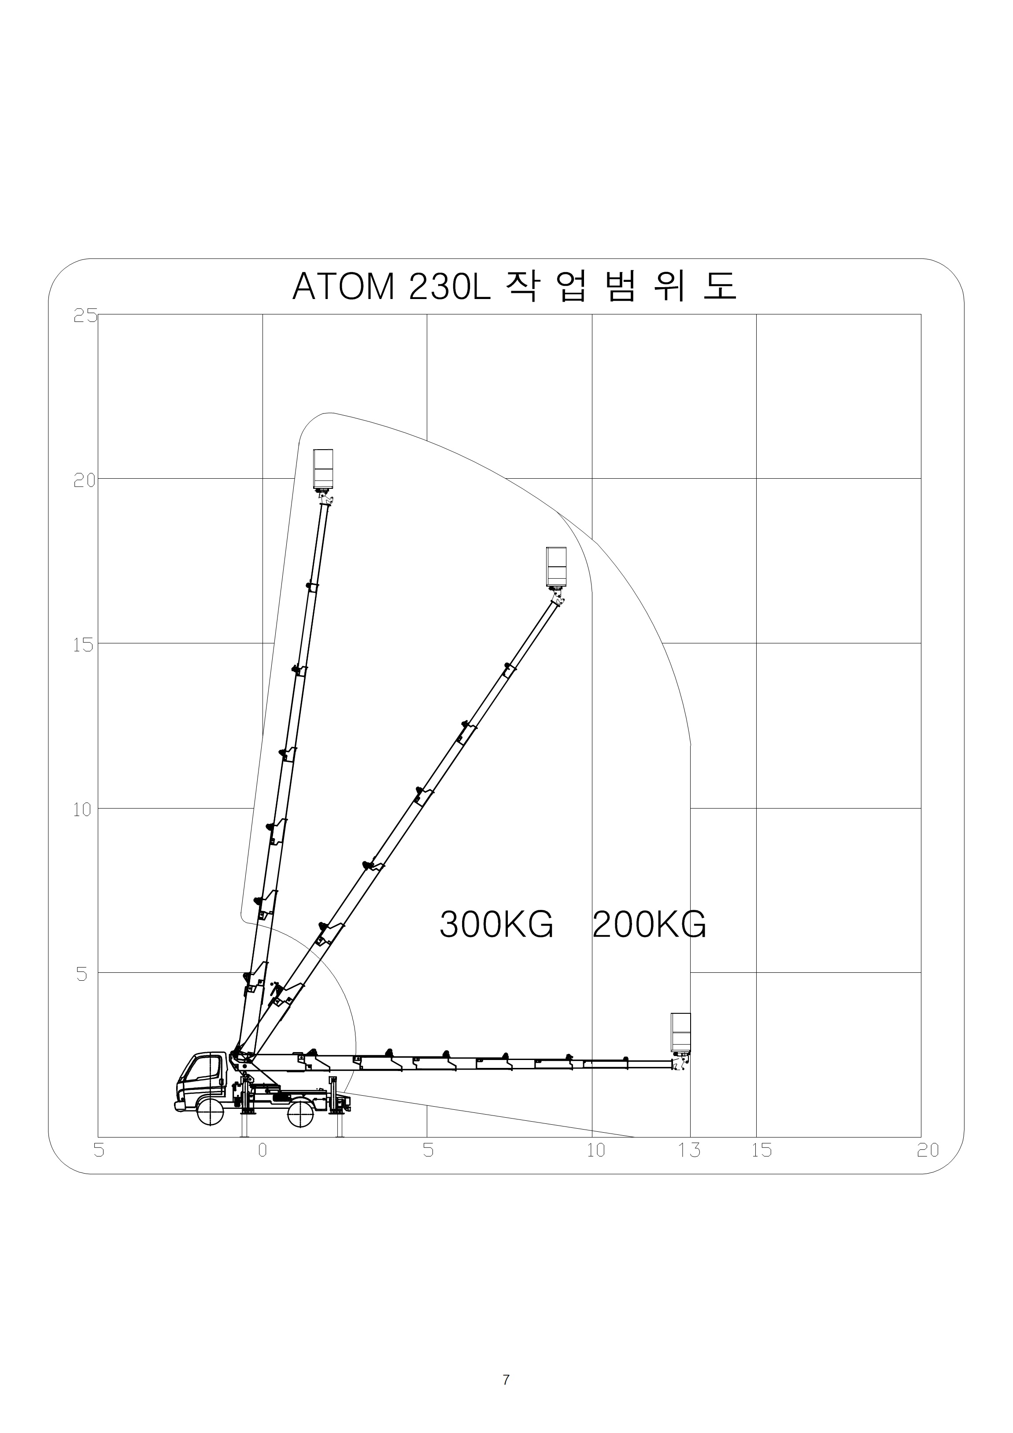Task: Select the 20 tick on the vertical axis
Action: [85, 480]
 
